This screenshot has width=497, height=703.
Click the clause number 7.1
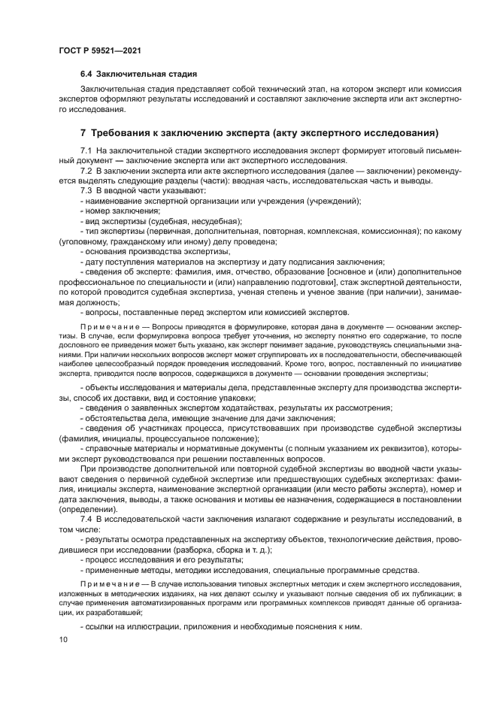pos(86,152)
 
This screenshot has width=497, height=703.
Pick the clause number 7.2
pos(86,172)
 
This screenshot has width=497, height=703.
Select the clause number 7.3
pos(86,192)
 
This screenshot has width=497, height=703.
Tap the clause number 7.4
pos(86,520)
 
